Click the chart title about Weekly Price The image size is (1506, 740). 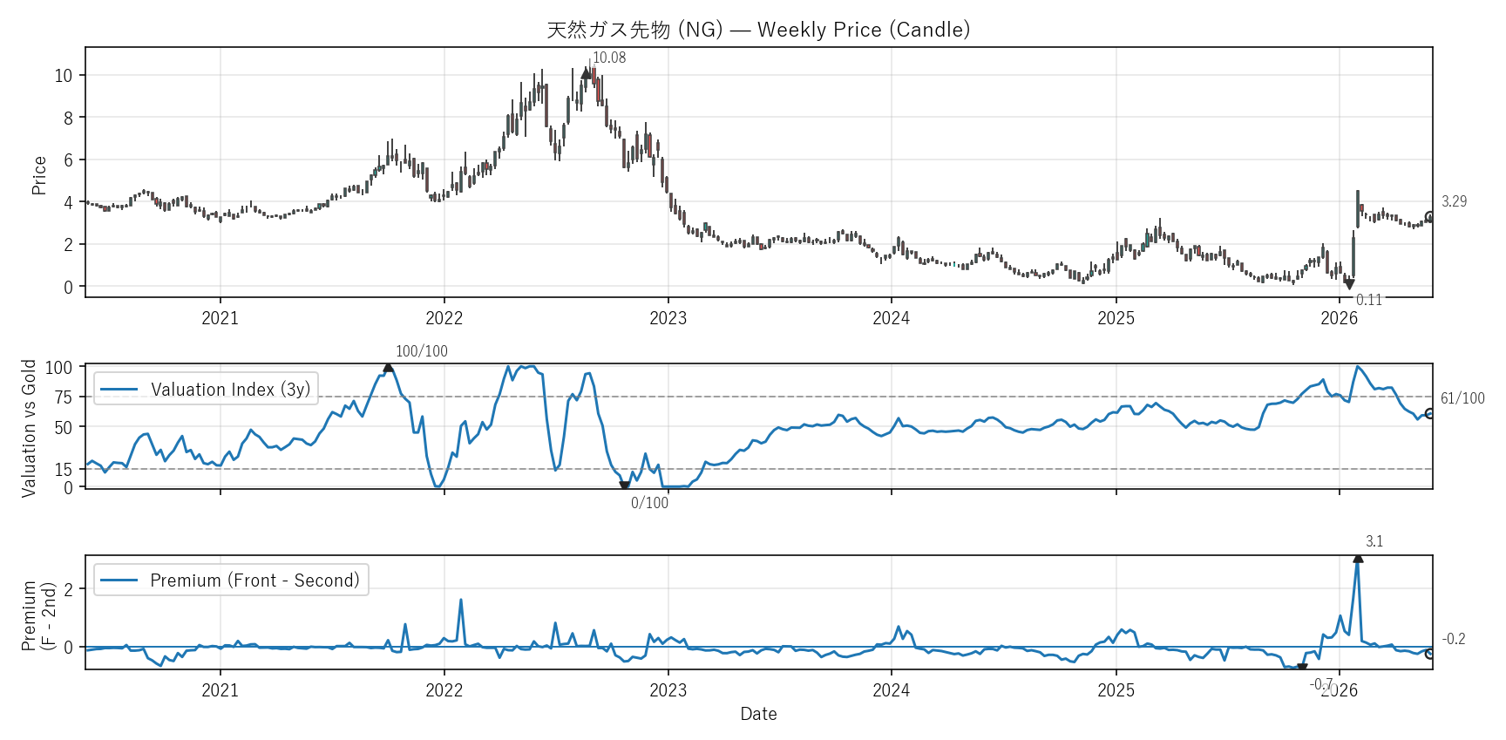click(x=758, y=30)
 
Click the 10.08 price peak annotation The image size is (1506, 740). click(x=609, y=58)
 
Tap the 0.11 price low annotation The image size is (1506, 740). click(x=1369, y=300)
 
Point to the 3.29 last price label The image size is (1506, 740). click(x=1454, y=201)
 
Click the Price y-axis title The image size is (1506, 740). click(x=39, y=175)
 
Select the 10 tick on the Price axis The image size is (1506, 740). click(x=64, y=76)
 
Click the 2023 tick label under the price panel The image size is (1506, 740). click(x=668, y=318)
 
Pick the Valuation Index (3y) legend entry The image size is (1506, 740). click(x=206, y=390)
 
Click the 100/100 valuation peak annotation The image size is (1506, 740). click(x=422, y=351)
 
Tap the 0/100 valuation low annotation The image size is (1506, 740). click(x=650, y=503)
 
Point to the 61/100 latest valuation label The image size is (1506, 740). click(x=1462, y=398)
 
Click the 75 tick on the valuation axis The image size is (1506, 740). click(x=64, y=397)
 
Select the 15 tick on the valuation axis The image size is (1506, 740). click(x=64, y=470)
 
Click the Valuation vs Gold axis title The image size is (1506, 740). click(x=30, y=428)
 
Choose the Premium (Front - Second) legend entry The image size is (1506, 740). click(x=231, y=580)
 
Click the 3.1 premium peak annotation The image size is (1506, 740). click(x=1374, y=541)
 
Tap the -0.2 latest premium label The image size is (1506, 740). click(x=1454, y=639)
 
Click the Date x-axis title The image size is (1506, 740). click(x=758, y=714)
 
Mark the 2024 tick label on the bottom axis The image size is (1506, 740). click(x=891, y=690)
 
